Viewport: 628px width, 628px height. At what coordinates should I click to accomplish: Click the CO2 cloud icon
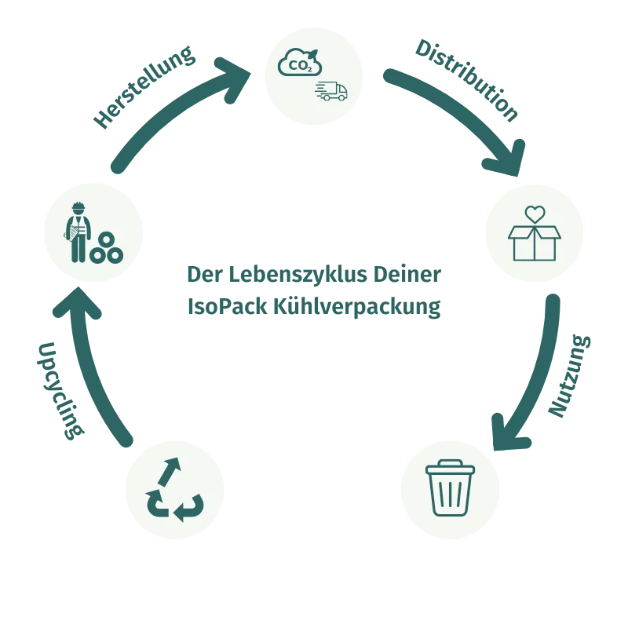click(x=299, y=63)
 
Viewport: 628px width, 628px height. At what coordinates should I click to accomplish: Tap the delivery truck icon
click(x=331, y=91)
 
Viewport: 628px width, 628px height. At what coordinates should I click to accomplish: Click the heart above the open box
click(x=535, y=214)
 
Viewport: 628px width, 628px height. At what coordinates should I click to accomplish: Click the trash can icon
click(x=450, y=487)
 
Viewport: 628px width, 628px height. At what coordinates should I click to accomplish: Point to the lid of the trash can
click(x=450, y=468)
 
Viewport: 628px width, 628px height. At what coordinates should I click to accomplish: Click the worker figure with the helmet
click(x=78, y=232)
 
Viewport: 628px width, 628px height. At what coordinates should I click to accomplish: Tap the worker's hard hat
click(x=78, y=208)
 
